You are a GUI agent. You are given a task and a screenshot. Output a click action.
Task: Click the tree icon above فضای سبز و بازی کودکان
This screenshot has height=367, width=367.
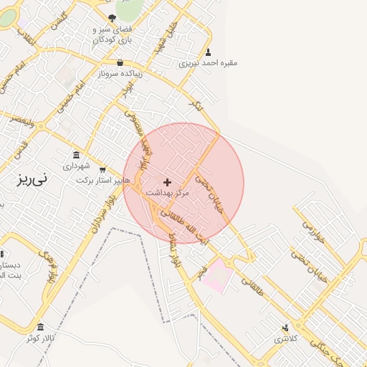[112, 18]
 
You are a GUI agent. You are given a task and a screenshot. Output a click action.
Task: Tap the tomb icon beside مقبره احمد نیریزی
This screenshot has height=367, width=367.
[209, 52]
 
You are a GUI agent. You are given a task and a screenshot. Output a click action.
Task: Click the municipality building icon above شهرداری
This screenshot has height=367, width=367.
[77, 155]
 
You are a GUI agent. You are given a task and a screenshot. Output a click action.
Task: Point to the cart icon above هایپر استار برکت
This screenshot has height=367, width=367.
[103, 170]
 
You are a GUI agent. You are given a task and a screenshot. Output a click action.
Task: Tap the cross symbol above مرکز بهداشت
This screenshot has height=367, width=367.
[168, 182]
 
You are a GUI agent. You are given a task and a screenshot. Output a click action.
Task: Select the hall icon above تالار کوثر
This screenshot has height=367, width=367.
[40, 327]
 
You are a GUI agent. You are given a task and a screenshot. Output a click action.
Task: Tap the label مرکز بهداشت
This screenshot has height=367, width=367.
[168, 193]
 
